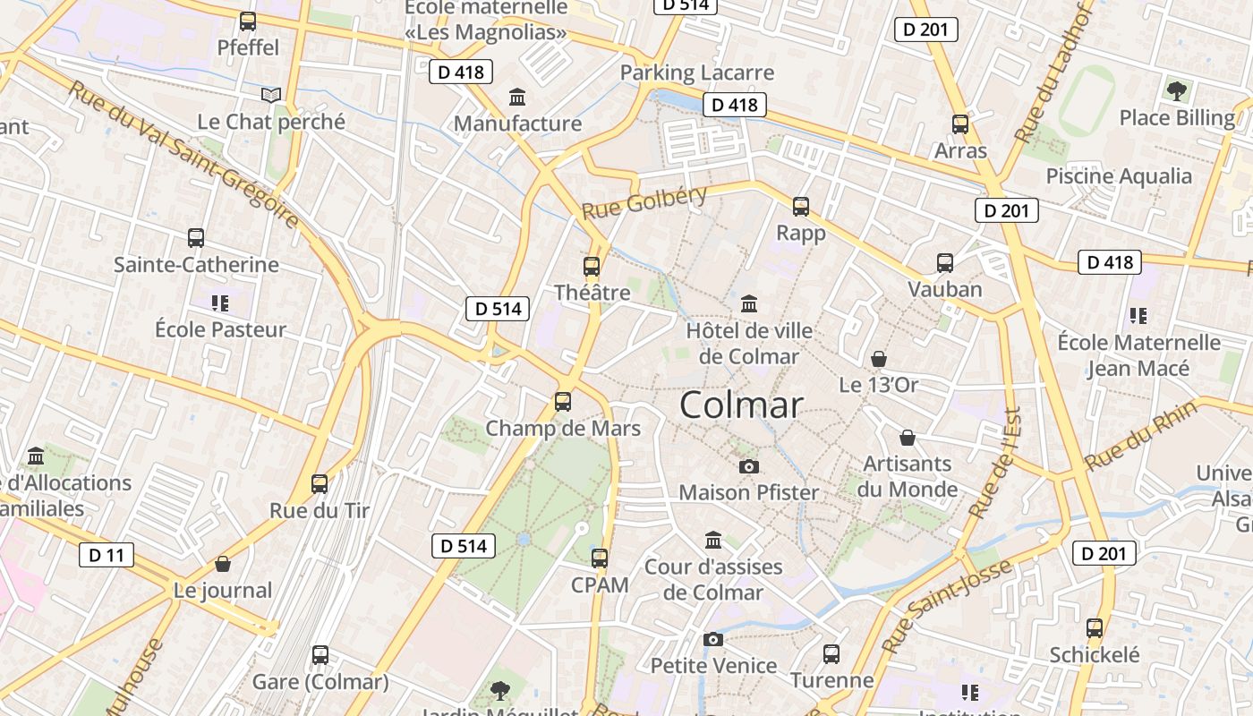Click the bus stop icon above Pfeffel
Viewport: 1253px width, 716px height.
pyautogui.click(x=248, y=21)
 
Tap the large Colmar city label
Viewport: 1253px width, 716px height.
pyautogui.click(x=741, y=405)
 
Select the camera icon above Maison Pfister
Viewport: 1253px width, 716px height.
pyautogui.click(x=749, y=466)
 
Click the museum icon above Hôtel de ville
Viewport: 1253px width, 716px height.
pyautogui.click(x=749, y=304)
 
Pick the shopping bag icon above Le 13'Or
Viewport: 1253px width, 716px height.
pyautogui.click(x=879, y=359)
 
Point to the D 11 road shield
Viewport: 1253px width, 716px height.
pyautogui.click(x=106, y=555)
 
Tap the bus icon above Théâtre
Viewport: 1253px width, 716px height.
pyautogui.click(x=591, y=266)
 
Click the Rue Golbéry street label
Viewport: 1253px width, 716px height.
pyautogui.click(x=644, y=202)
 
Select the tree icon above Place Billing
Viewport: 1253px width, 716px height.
pyautogui.click(x=1177, y=90)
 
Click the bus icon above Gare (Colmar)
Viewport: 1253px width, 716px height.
pyautogui.click(x=320, y=655)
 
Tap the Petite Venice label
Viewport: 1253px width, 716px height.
pyautogui.click(x=713, y=666)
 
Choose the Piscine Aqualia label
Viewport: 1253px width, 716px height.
pyautogui.click(x=1119, y=176)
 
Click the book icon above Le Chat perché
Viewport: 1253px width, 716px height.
pyautogui.click(x=271, y=95)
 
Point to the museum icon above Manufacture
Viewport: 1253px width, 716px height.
pyautogui.click(x=517, y=97)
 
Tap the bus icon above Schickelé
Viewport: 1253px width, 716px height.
pyautogui.click(x=1095, y=628)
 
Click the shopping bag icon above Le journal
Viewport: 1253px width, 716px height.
pyautogui.click(x=223, y=564)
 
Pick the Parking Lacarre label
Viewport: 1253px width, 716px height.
pyautogui.click(x=697, y=72)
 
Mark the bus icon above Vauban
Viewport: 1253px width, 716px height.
pyautogui.click(x=945, y=263)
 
